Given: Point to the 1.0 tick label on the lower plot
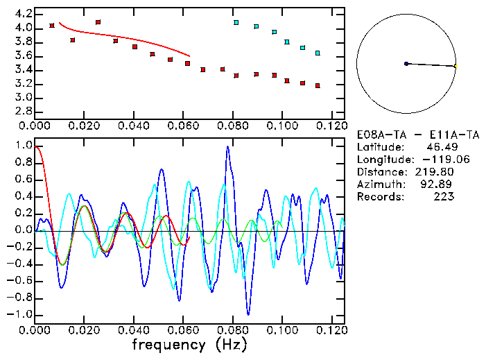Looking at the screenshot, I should point(24,146).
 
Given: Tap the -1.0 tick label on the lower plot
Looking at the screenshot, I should point(21,314).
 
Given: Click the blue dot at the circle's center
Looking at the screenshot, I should point(406,64).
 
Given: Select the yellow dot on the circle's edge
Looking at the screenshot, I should point(455,66).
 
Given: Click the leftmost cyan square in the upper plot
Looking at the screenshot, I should point(236,22).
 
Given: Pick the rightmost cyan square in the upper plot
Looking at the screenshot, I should point(318,53).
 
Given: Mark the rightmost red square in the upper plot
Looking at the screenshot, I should point(318,86).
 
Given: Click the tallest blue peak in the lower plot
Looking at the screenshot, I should point(227,147).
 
